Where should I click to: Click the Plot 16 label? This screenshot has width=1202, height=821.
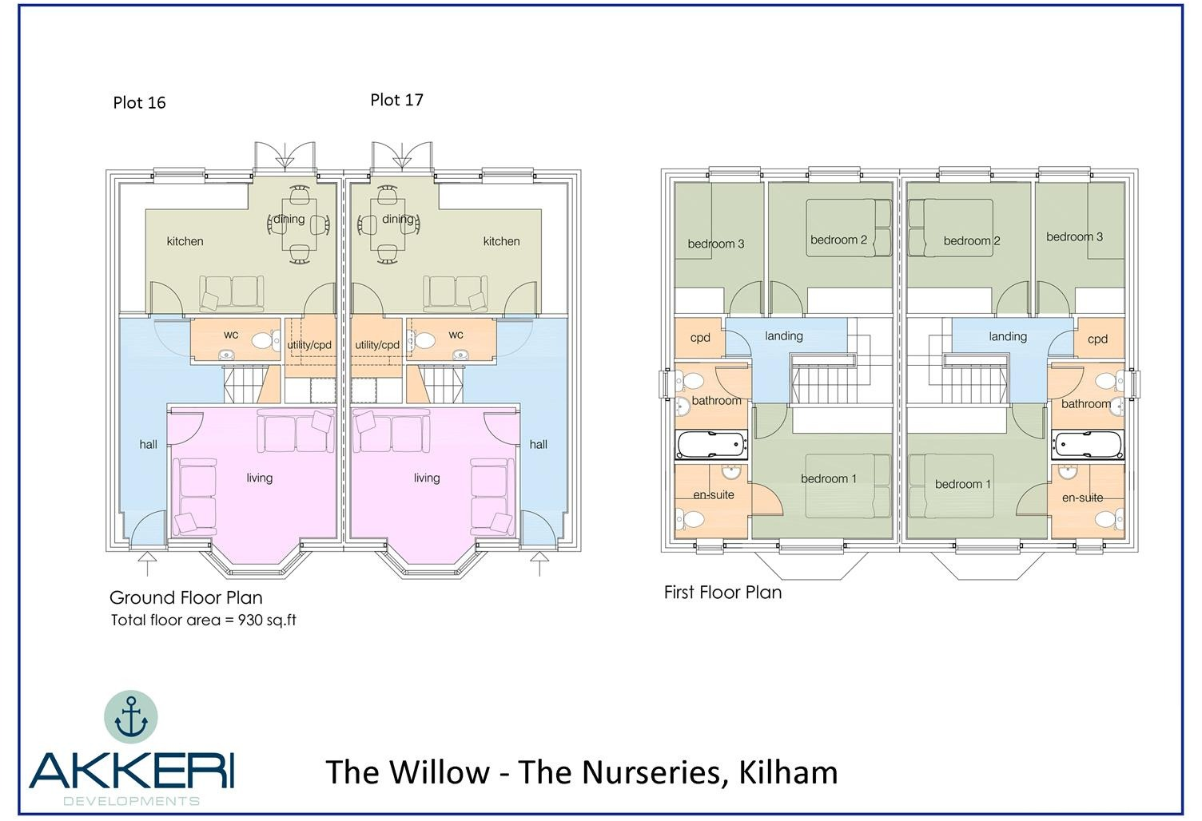pyautogui.click(x=139, y=102)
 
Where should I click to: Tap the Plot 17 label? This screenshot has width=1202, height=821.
pyautogui.click(x=396, y=100)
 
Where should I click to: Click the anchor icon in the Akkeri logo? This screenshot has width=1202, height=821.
pyautogui.click(x=131, y=716)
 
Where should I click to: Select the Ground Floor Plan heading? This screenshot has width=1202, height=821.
pyautogui.click(x=185, y=597)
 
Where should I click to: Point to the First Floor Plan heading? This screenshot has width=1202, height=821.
pyautogui.click(x=722, y=593)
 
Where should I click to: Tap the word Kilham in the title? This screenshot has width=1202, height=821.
pyautogui.click(x=788, y=772)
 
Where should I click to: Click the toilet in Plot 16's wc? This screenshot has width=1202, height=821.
pyautogui.click(x=262, y=339)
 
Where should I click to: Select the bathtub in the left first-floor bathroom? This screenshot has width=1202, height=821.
pyautogui.click(x=711, y=445)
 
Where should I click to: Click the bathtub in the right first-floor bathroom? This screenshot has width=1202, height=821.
pyautogui.click(x=1088, y=445)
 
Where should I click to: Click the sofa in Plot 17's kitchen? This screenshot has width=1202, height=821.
pyautogui.click(x=455, y=293)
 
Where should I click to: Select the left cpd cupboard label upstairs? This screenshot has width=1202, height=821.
pyautogui.click(x=700, y=338)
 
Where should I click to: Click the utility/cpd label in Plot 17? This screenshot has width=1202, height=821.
pyautogui.click(x=377, y=345)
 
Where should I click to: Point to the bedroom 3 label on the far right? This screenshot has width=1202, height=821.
pyautogui.click(x=1074, y=236)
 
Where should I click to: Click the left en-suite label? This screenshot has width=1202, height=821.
pyautogui.click(x=713, y=495)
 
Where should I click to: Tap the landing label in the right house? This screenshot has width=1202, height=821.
pyautogui.click(x=1007, y=336)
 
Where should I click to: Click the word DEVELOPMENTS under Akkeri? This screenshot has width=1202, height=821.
pyautogui.click(x=131, y=801)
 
